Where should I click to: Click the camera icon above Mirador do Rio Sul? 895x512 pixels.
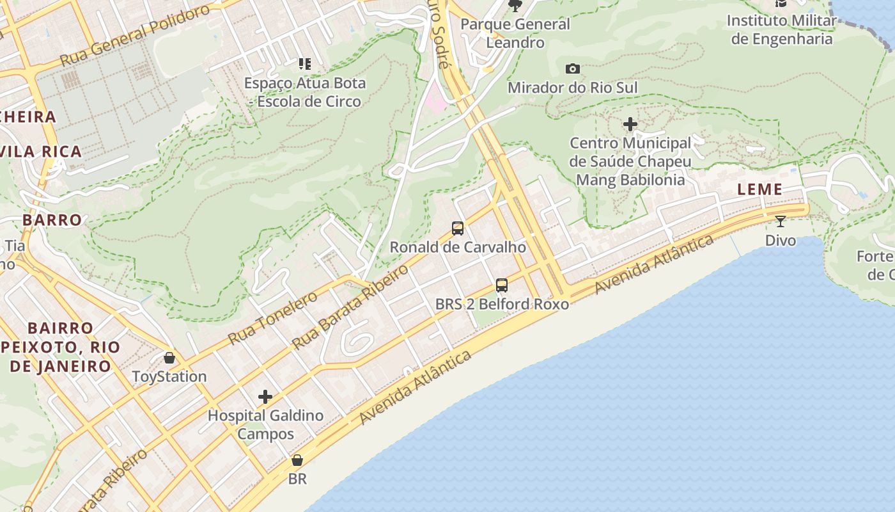(x=573, y=68)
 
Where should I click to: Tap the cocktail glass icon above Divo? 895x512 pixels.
(x=781, y=221)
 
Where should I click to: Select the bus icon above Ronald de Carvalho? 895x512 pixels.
(x=458, y=228)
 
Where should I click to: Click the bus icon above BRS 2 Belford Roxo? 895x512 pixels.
(x=502, y=285)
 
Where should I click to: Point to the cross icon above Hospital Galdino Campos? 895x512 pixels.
(x=265, y=397)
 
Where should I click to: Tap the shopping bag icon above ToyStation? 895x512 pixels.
(x=169, y=358)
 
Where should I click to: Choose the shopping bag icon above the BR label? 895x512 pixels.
(x=297, y=460)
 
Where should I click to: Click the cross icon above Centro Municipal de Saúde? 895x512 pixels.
(x=630, y=124)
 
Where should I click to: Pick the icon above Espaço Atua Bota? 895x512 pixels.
(x=305, y=64)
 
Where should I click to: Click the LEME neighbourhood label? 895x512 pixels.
(x=760, y=189)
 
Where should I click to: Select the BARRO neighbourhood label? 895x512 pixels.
(x=52, y=220)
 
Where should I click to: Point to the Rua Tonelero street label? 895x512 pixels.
(x=272, y=317)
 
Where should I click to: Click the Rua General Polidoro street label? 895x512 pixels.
(x=135, y=36)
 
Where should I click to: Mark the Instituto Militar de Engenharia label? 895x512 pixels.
(x=782, y=29)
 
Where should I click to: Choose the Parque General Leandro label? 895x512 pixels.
(x=515, y=33)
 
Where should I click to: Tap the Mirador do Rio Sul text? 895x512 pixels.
(x=573, y=88)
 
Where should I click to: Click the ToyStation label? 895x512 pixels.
(x=169, y=376)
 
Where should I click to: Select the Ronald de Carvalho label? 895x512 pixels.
(x=458, y=247)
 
